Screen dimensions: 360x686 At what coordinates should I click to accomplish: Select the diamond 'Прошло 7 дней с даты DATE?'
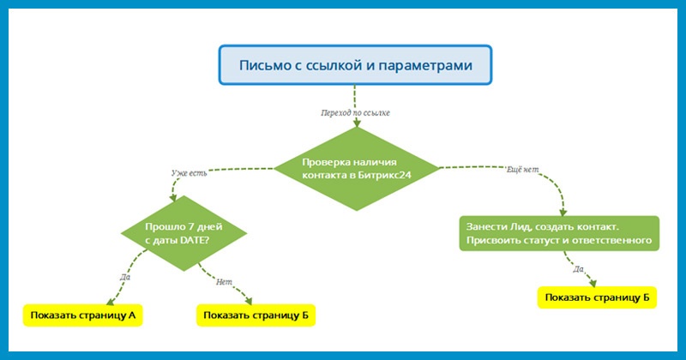point(184,234)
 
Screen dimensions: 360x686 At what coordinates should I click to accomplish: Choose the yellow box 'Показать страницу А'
point(83,315)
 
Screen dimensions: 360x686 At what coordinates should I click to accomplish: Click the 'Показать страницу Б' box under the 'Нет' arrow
point(255,315)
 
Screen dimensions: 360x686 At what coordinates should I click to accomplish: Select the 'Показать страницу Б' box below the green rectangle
point(597,297)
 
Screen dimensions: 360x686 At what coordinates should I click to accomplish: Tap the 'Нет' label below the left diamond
point(225,280)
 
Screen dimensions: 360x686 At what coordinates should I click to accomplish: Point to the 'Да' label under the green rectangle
point(577,268)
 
